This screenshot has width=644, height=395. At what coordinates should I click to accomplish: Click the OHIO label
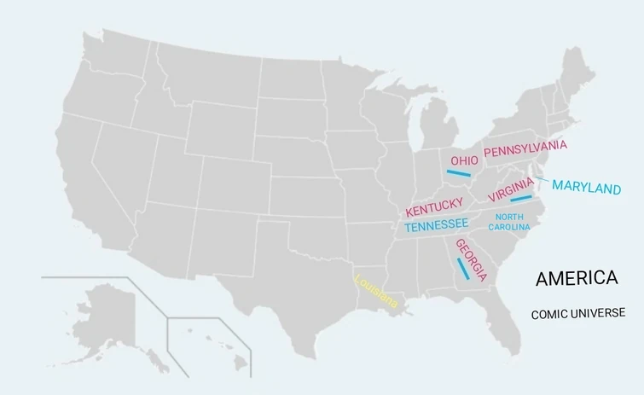(x=464, y=160)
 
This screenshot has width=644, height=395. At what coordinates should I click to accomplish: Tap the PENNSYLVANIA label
(x=525, y=148)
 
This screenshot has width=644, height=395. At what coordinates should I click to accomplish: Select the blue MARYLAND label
(x=586, y=187)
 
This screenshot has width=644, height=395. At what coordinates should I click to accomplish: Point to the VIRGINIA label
(x=511, y=189)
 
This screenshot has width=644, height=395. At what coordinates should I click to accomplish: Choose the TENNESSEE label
(x=436, y=225)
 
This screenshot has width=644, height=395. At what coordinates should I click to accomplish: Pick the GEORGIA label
(x=472, y=260)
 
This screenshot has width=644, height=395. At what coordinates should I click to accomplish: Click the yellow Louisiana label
(x=375, y=290)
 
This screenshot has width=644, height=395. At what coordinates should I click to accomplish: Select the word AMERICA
(x=576, y=278)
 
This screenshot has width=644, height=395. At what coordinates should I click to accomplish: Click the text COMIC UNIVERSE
(x=577, y=314)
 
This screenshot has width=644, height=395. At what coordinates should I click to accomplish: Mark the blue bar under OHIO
(x=458, y=173)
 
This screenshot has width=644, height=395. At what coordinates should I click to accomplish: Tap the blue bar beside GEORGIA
(x=462, y=269)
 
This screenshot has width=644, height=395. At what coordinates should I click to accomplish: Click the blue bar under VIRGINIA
(x=520, y=199)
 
